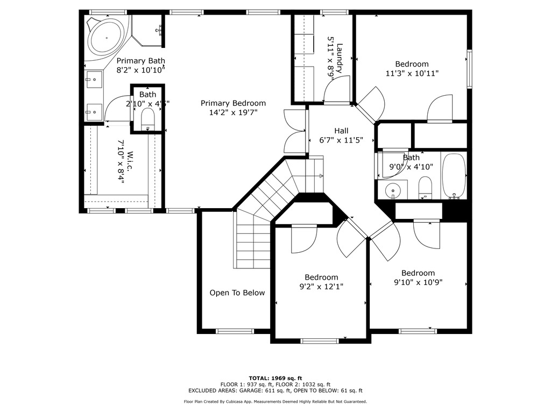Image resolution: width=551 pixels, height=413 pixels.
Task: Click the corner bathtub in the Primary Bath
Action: (x=106, y=38)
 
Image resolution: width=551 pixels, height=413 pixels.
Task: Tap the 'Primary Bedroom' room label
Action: (x=233, y=103)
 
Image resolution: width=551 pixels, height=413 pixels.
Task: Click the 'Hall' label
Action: (x=341, y=131)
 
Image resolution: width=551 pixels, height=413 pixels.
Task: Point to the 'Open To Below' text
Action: (x=237, y=293)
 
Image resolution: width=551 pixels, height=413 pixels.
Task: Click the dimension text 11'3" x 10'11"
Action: (x=412, y=74)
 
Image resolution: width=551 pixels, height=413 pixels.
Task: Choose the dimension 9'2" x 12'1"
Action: (x=321, y=287)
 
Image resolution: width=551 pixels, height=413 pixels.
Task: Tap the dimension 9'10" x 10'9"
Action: (x=418, y=282)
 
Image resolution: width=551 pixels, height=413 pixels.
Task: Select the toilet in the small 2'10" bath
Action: (x=147, y=118)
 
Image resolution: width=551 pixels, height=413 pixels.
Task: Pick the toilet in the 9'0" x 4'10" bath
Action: (x=425, y=188)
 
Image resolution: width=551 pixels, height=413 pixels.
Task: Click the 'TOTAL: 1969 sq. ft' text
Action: (x=275, y=378)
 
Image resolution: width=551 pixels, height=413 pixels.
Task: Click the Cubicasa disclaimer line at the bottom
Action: (x=275, y=402)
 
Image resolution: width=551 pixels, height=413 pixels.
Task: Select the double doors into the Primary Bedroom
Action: (x=295, y=131)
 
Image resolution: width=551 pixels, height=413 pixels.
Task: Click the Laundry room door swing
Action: (x=337, y=90)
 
